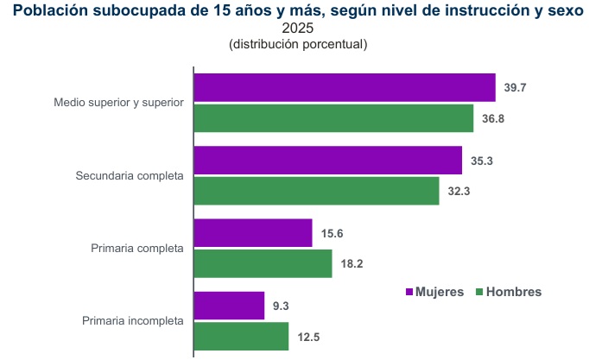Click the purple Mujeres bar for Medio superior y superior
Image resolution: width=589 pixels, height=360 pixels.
click(344, 88)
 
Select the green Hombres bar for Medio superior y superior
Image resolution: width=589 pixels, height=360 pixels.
click(333, 118)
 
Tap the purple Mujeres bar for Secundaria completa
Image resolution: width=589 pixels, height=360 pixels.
click(327, 161)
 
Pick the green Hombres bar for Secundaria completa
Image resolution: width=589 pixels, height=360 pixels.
click(316, 191)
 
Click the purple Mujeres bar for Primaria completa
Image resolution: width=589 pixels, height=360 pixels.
click(252, 233)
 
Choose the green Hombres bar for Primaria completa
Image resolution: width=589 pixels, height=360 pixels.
click(263, 263)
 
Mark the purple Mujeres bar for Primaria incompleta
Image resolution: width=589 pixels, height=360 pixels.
click(229, 306)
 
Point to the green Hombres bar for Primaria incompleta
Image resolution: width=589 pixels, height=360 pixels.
click(241, 336)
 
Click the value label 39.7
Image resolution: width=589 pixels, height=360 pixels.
click(516, 88)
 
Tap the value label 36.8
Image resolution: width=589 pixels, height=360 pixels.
click(493, 118)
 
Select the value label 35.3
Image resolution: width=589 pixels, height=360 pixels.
click(482, 161)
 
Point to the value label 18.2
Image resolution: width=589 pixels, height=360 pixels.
click(352, 263)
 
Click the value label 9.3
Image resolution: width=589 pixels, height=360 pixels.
click(282, 306)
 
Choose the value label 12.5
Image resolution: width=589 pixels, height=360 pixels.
click(308, 337)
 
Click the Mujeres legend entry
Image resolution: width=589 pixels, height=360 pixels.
click(434, 292)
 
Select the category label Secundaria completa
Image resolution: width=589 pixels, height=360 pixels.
click(130, 176)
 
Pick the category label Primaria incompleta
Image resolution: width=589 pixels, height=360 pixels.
click(133, 321)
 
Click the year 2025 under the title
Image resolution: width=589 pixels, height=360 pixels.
click(298, 28)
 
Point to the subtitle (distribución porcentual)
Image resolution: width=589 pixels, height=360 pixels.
click(298, 44)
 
